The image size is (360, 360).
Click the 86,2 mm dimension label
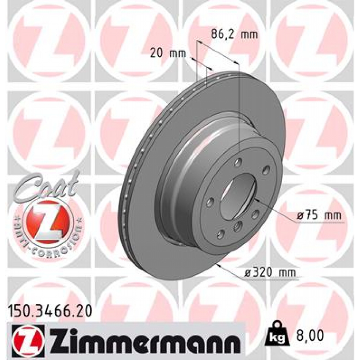[234, 34]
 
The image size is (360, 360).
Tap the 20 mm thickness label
[163, 53]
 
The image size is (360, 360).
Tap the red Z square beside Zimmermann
[28, 339]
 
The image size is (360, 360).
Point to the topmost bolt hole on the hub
[238, 162]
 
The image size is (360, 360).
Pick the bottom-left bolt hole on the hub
[220, 234]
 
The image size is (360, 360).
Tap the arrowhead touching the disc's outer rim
[219, 266]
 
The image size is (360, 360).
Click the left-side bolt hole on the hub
[210, 202]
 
